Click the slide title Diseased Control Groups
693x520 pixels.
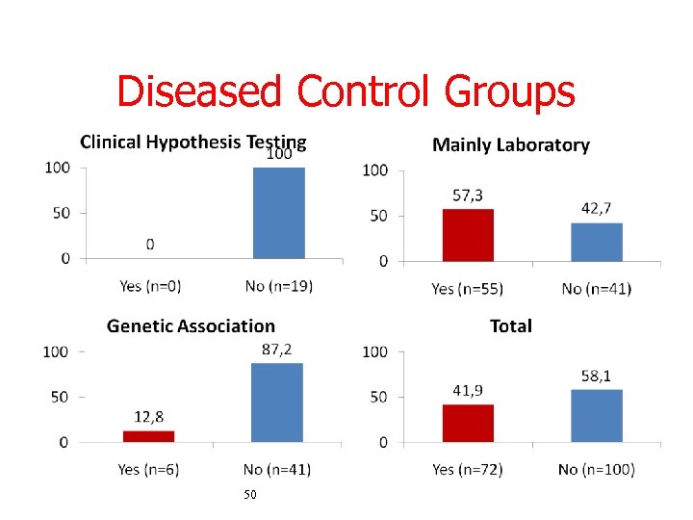pyautogui.click(x=346, y=92)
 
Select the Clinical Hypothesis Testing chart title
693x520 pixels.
pyautogui.click(x=192, y=143)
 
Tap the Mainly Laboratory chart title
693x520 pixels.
pyautogui.click(x=510, y=145)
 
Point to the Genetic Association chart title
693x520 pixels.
pyautogui.click(x=191, y=326)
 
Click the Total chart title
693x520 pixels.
pyautogui.click(x=510, y=326)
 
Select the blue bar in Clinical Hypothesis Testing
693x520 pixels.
pyautogui.click(x=278, y=213)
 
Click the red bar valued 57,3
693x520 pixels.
pyautogui.click(x=468, y=235)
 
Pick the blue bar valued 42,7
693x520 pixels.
pyautogui.click(x=597, y=242)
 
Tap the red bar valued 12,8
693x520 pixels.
pyautogui.click(x=149, y=436)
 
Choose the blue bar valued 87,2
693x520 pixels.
pyautogui.click(x=277, y=403)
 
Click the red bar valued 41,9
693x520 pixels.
pyautogui.click(x=468, y=423)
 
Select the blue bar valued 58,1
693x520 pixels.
pyautogui.click(x=597, y=415)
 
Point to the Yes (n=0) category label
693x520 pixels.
pyautogui.click(x=150, y=285)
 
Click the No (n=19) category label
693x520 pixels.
pyautogui.click(x=278, y=285)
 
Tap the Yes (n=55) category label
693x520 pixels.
pyautogui.click(x=467, y=288)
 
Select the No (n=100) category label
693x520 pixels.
pyautogui.click(x=596, y=469)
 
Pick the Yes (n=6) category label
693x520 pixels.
pyautogui.click(x=149, y=469)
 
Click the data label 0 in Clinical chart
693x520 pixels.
pyautogui.click(x=150, y=245)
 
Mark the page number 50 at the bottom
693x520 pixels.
pyautogui.click(x=250, y=494)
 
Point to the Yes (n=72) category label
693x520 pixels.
pyautogui.click(x=467, y=469)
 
